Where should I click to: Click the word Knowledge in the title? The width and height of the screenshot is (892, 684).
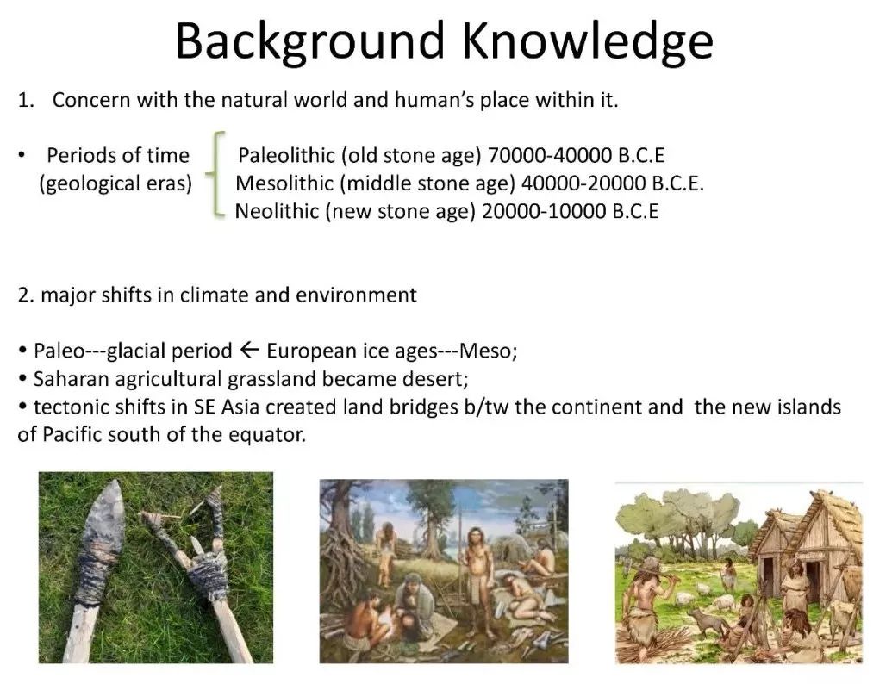point(587,42)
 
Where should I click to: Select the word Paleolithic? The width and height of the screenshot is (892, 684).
point(286,155)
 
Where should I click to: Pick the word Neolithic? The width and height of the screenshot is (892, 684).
point(277,211)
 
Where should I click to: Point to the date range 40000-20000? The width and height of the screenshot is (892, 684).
point(583,183)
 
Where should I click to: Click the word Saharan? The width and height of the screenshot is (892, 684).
point(70,379)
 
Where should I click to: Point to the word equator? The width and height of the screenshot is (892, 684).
point(267,435)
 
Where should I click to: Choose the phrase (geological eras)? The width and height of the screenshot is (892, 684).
point(115,183)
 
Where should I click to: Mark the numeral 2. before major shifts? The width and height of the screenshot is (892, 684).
point(26,295)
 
